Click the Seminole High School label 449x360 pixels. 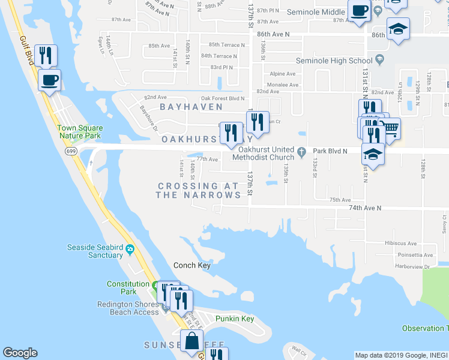(334, 61)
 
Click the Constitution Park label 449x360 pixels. (128, 287)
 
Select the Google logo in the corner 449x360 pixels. (20, 353)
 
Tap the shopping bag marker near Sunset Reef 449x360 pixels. (191, 341)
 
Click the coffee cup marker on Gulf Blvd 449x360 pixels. (49, 79)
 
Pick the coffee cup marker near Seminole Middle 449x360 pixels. (360, 11)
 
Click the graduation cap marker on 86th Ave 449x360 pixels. (397, 29)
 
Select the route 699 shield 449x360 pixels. (71, 152)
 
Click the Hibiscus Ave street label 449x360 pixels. (402, 244)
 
